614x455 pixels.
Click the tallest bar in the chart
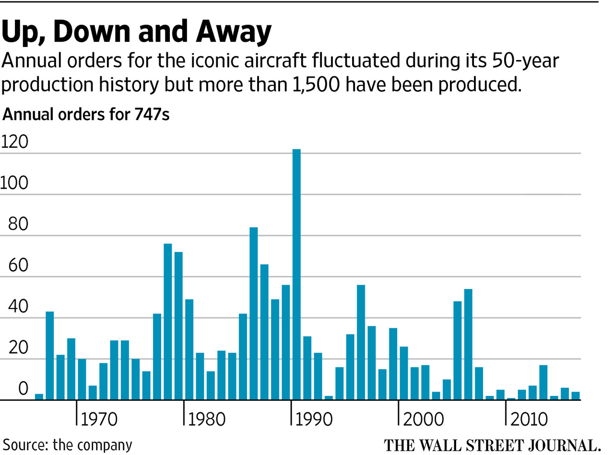point(296,274)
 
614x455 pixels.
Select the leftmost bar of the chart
point(39,397)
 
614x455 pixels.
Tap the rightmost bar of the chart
point(576,396)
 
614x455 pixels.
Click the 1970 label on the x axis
point(98,419)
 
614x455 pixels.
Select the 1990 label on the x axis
point(313,419)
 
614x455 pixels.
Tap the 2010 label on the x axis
point(528,419)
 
